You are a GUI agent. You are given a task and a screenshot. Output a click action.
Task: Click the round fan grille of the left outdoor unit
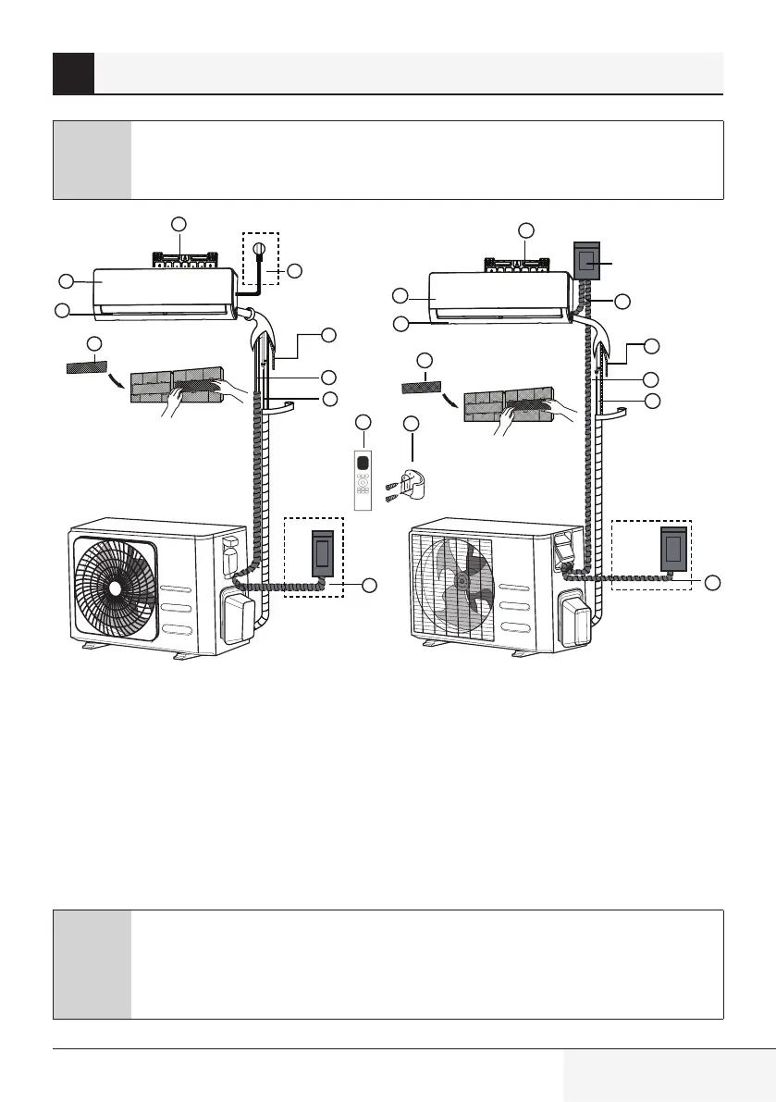coord(114,587)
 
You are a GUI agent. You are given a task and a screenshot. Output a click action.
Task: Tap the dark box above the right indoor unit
coord(586,264)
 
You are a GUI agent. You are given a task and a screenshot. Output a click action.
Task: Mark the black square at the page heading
coord(74,73)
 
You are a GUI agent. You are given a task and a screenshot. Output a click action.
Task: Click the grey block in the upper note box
coord(92,160)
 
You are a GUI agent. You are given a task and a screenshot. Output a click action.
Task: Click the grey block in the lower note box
coord(92,964)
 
